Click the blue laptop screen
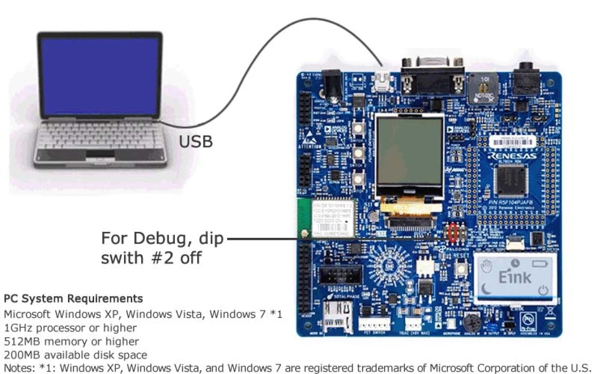pyautogui.click(x=99, y=76)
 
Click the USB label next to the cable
pyautogui.click(x=196, y=141)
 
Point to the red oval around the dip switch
pyautogui.click(x=453, y=232)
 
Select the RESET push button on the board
pyautogui.click(x=460, y=269)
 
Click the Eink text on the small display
pyautogui.click(x=515, y=276)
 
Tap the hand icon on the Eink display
pyautogui.click(x=485, y=266)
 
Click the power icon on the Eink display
pyautogui.click(x=543, y=290)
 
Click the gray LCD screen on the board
pyautogui.click(x=410, y=151)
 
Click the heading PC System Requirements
pyautogui.click(x=73, y=299)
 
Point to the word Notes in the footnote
pyautogui.click(x=18, y=368)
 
